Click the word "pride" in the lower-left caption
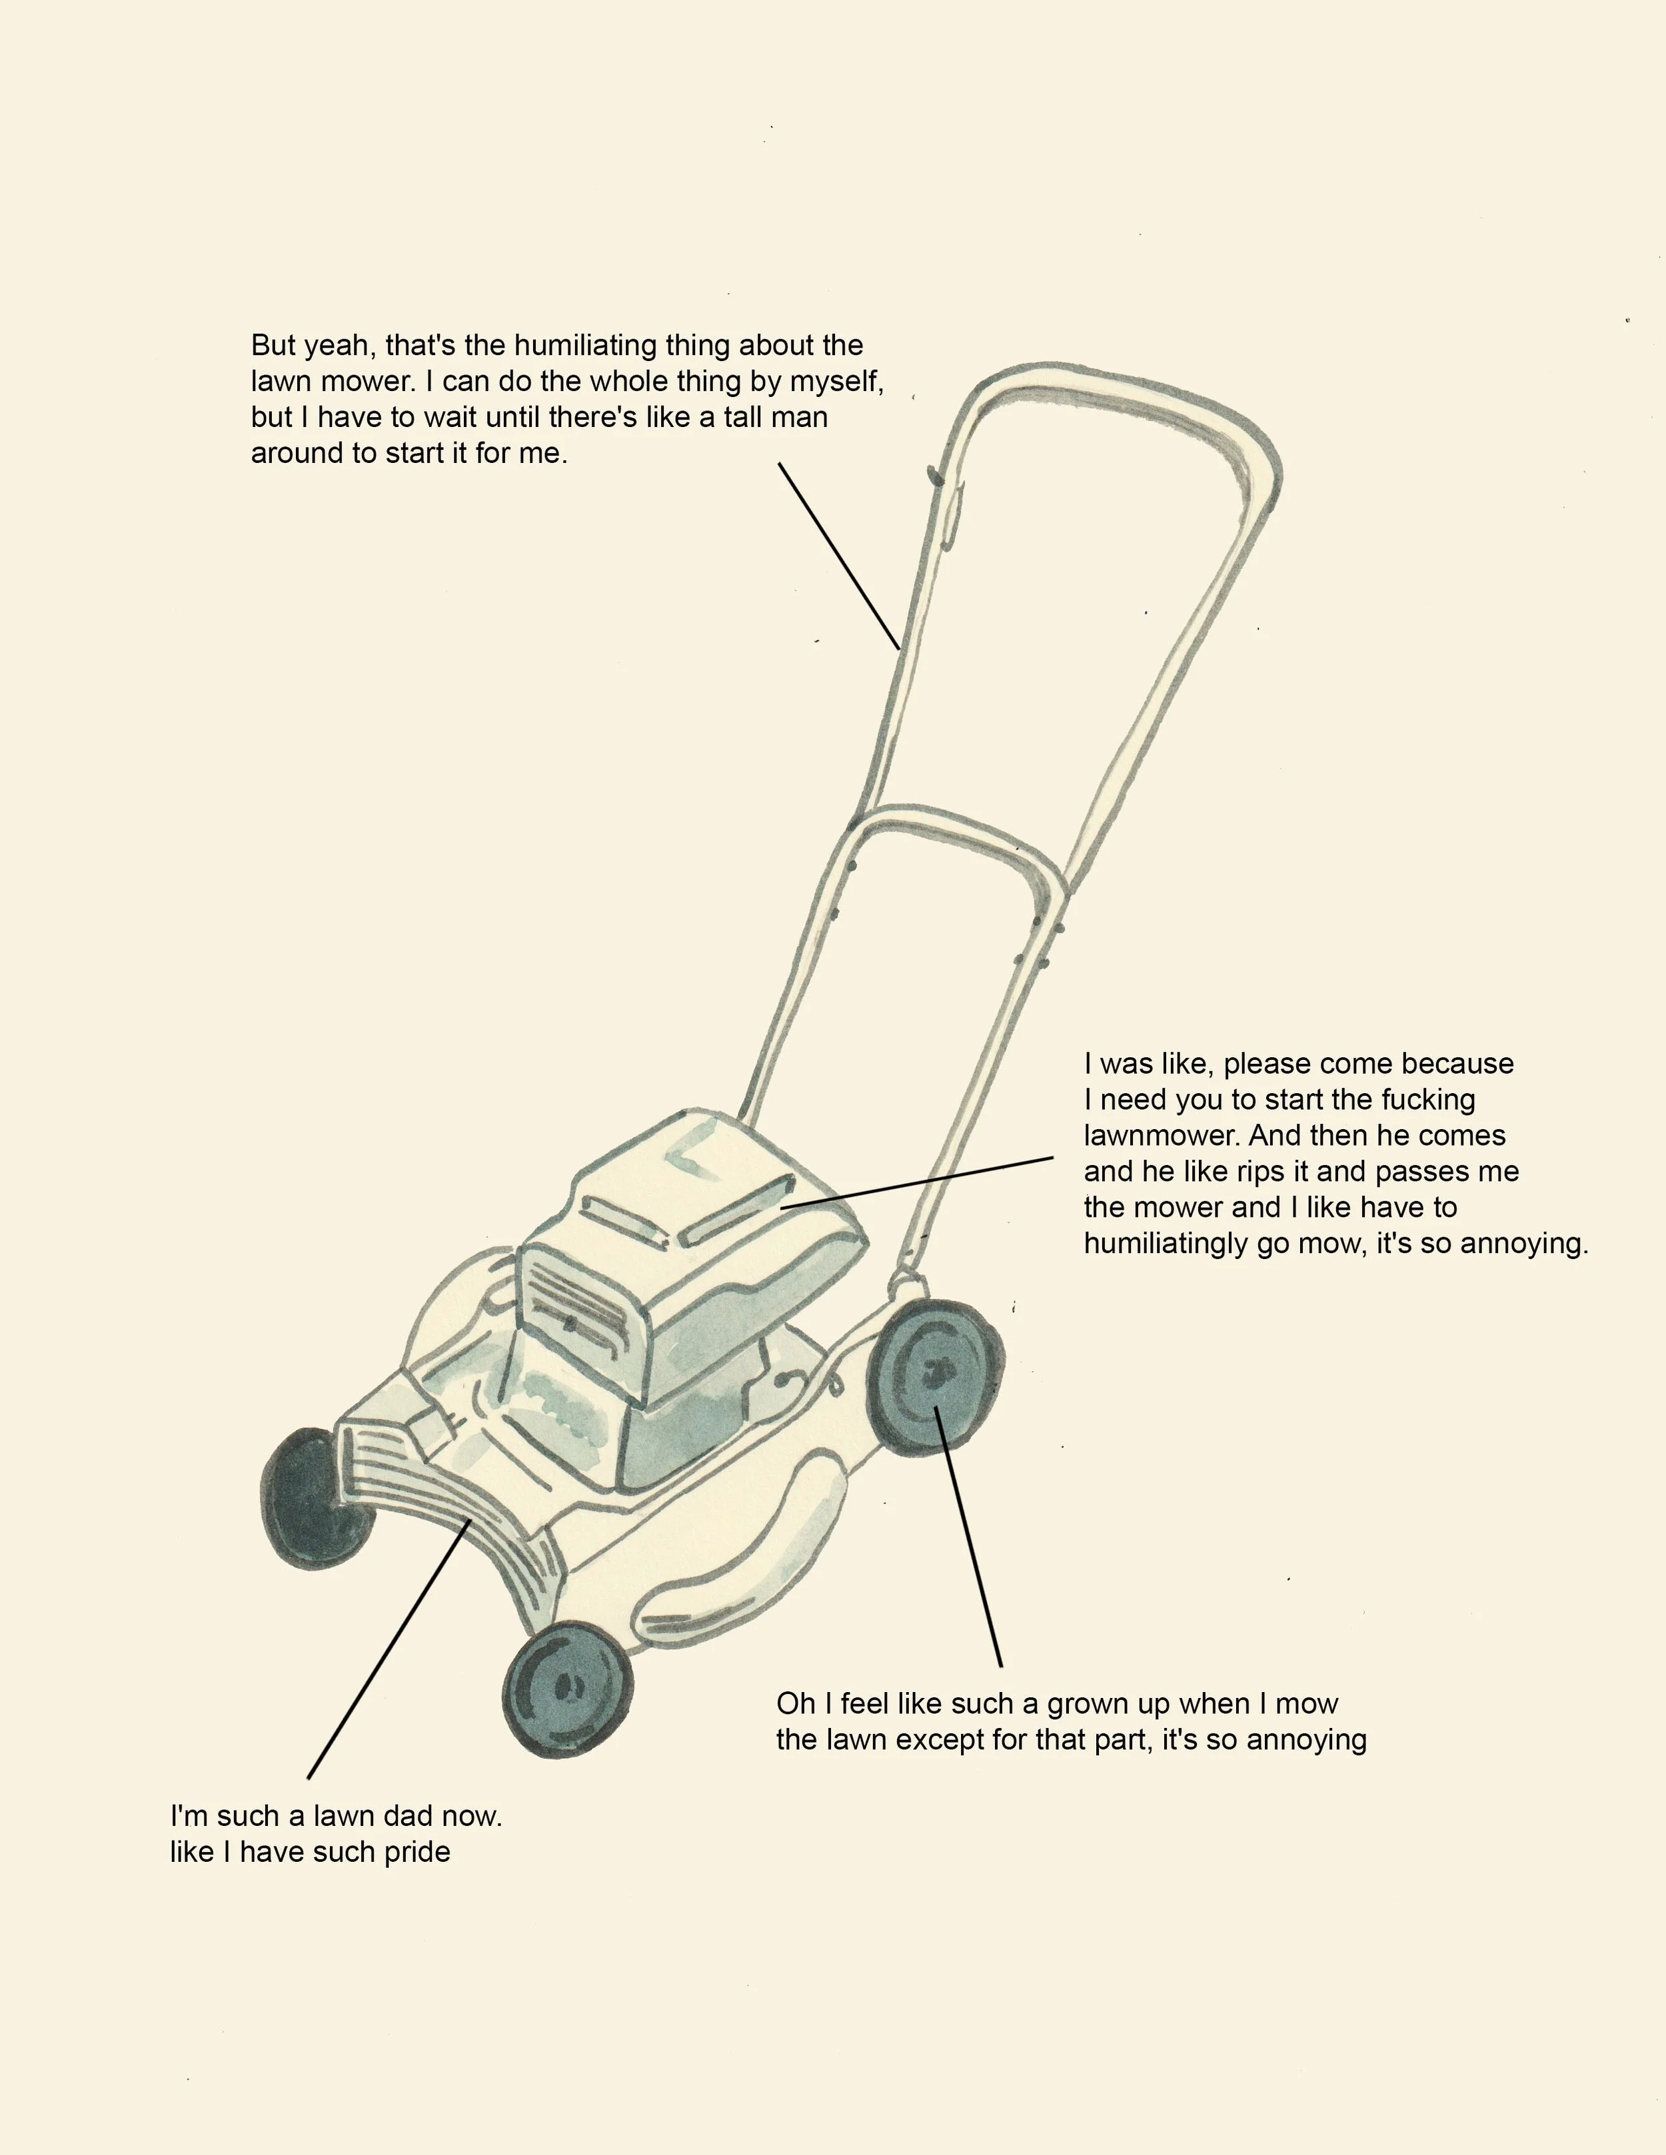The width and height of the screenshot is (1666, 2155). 416,1852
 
